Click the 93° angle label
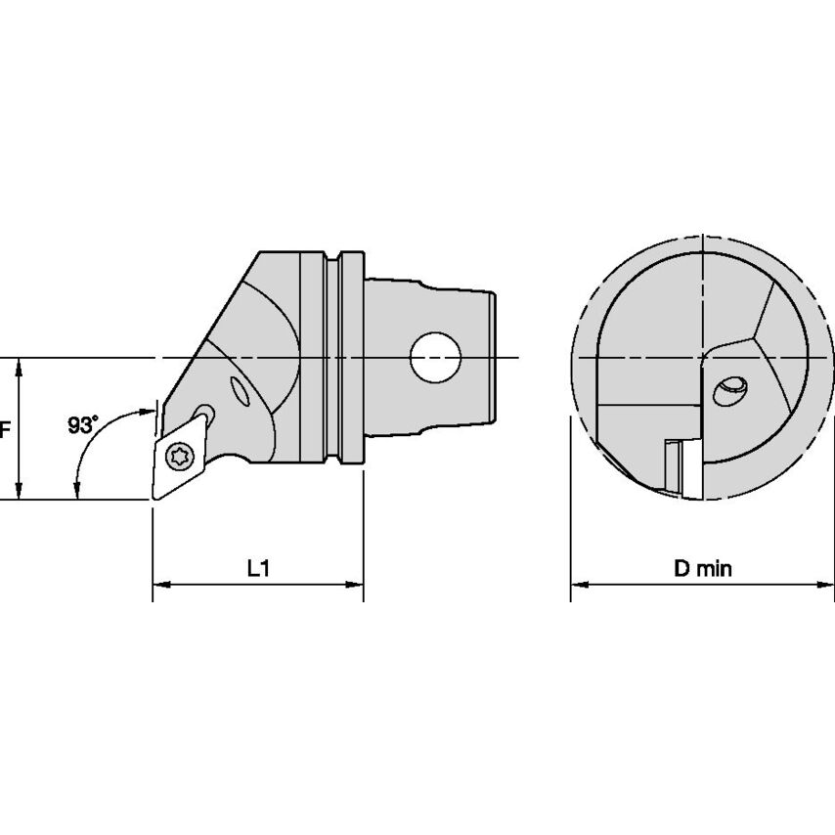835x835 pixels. (x=84, y=424)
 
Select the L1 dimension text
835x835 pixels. (x=257, y=567)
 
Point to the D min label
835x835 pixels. (x=702, y=567)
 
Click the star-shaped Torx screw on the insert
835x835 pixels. (x=179, y=455)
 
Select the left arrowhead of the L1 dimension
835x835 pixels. (x=158, y=586)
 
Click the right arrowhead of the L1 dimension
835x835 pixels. (x=357, y=586)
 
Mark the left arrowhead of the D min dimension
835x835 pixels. (x=578, y=586)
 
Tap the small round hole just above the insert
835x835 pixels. (x=204, y=411)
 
